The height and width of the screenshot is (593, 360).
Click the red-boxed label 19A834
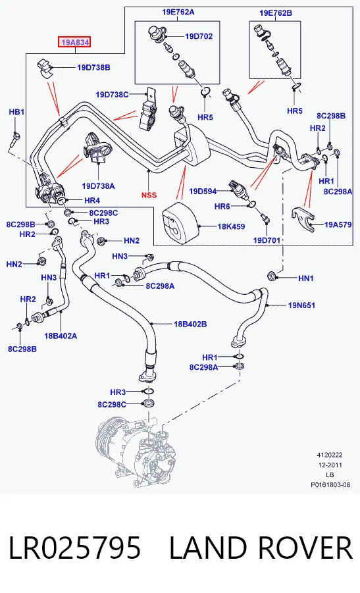point(74,42)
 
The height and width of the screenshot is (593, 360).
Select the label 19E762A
point(178,12)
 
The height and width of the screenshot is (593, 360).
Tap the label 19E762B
point(276,13)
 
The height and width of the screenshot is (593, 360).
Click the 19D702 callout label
point(199,36)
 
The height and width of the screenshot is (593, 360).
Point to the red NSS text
point(149,195)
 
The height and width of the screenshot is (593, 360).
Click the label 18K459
point(231,226)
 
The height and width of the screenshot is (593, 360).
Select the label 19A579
point(338,224)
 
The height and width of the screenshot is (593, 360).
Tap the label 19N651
point(301,305)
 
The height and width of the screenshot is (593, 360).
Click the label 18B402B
point(190,324)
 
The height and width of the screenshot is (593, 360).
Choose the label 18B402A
point(61,336)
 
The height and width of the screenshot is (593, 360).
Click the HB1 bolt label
point(16,112)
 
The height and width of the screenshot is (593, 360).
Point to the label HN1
point(306,278)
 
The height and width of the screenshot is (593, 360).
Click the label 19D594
point(203,192)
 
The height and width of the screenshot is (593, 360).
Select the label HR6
point(222,206)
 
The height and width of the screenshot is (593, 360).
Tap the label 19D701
point(267,240)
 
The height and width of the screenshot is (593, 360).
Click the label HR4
point(92,201)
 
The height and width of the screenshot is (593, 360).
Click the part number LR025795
point(74,548)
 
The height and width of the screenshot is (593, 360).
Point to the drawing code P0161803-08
point(330,485)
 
